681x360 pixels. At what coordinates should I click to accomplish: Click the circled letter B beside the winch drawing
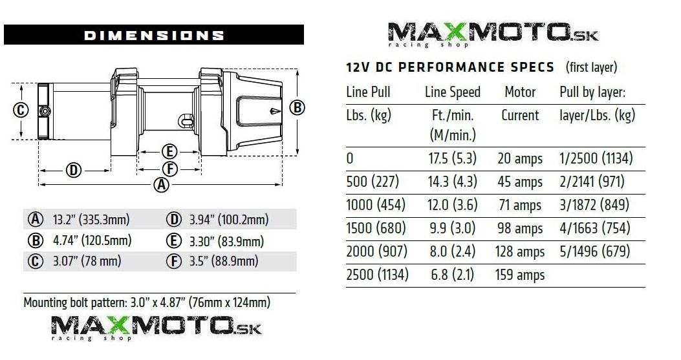coord(297,107)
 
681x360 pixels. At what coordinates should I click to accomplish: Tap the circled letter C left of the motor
coord(21,110)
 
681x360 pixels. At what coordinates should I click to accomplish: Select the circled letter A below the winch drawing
coord(161,185)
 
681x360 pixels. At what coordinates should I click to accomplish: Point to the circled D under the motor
coord(73,170)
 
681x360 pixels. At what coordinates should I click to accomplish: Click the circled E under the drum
coord(169,151)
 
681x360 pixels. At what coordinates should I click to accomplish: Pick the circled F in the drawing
coord(169,169)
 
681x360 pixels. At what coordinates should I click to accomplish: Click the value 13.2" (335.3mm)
coord(91,219)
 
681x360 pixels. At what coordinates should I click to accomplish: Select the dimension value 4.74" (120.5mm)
coord(92,240)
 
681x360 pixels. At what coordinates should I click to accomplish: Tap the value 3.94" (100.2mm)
coord(229,219)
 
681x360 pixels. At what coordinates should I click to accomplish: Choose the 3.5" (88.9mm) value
coord(224,261)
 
